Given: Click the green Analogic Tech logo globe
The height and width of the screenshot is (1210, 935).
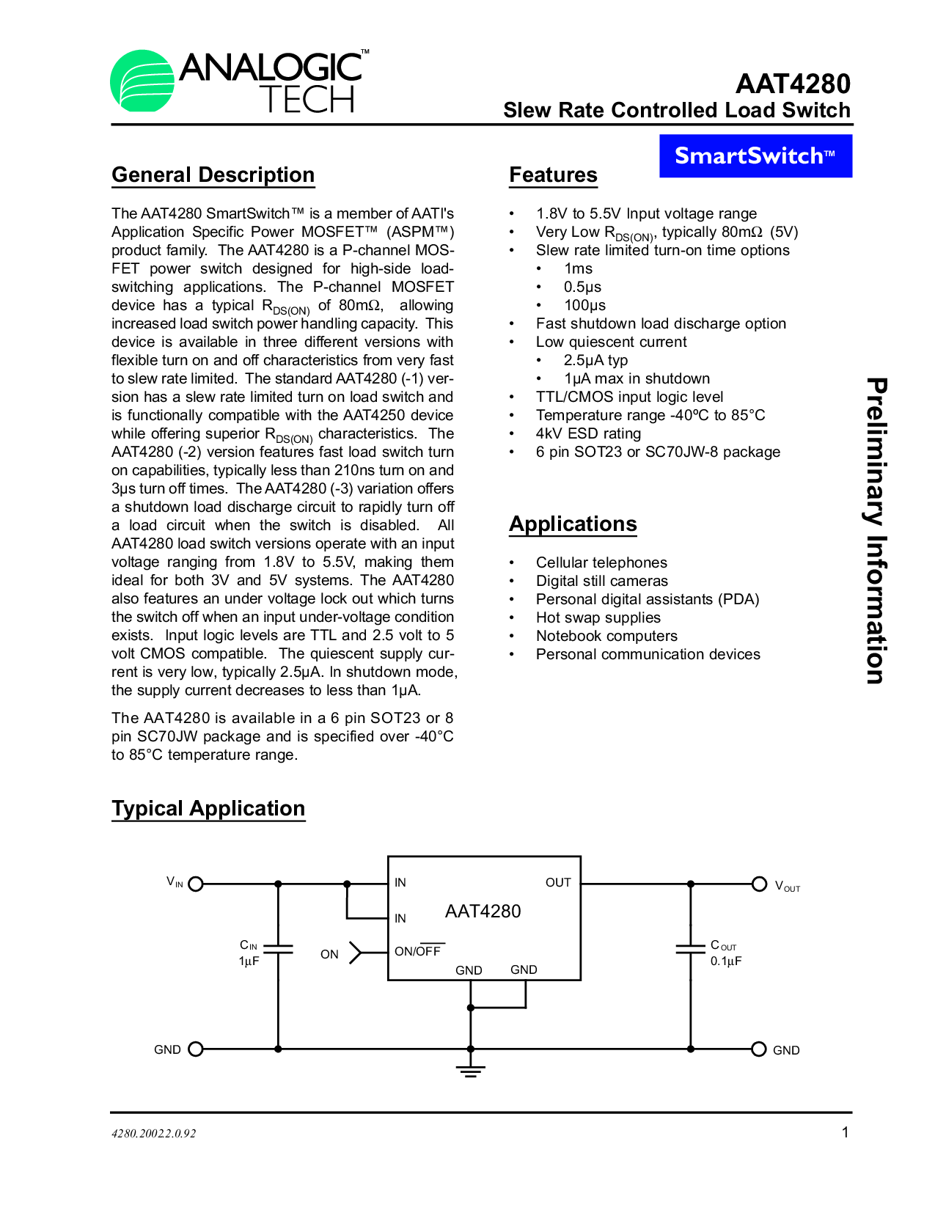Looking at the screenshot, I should point(142,81).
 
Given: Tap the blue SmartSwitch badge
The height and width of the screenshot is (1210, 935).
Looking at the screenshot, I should point(755,155).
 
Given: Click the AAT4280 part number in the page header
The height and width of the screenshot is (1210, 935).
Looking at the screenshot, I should point(793,84).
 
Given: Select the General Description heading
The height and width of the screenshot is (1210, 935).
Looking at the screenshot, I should point(213,175).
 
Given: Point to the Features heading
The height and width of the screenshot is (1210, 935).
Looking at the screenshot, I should point(553,175).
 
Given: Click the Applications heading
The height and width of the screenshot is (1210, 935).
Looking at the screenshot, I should point(573,524).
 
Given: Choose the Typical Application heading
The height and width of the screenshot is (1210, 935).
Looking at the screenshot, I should point(208,808).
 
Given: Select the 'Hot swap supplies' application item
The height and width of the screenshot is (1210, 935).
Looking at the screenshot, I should point(598,617).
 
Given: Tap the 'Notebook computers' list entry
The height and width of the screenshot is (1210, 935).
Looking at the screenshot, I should point(606,636).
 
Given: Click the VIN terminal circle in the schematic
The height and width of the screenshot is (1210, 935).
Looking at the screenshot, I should point(196,884).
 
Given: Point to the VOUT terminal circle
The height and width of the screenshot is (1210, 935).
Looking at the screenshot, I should point(760,884).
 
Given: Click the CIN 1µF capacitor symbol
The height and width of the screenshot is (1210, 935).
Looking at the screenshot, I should point(278,949).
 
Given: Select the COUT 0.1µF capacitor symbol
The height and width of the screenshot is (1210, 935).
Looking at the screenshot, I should point(690,949).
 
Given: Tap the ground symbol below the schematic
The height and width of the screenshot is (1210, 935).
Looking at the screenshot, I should point(470,1071).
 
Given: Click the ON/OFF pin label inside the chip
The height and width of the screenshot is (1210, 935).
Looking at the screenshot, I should point(418,951).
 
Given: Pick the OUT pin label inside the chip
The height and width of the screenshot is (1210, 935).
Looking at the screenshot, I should point(557,882).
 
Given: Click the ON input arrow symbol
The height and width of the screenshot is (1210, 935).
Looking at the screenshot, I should point(356,952).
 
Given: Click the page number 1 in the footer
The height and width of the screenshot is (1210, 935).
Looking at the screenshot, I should point(845,1132).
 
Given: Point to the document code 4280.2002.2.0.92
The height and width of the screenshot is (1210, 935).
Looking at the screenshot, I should point(154,1133).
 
